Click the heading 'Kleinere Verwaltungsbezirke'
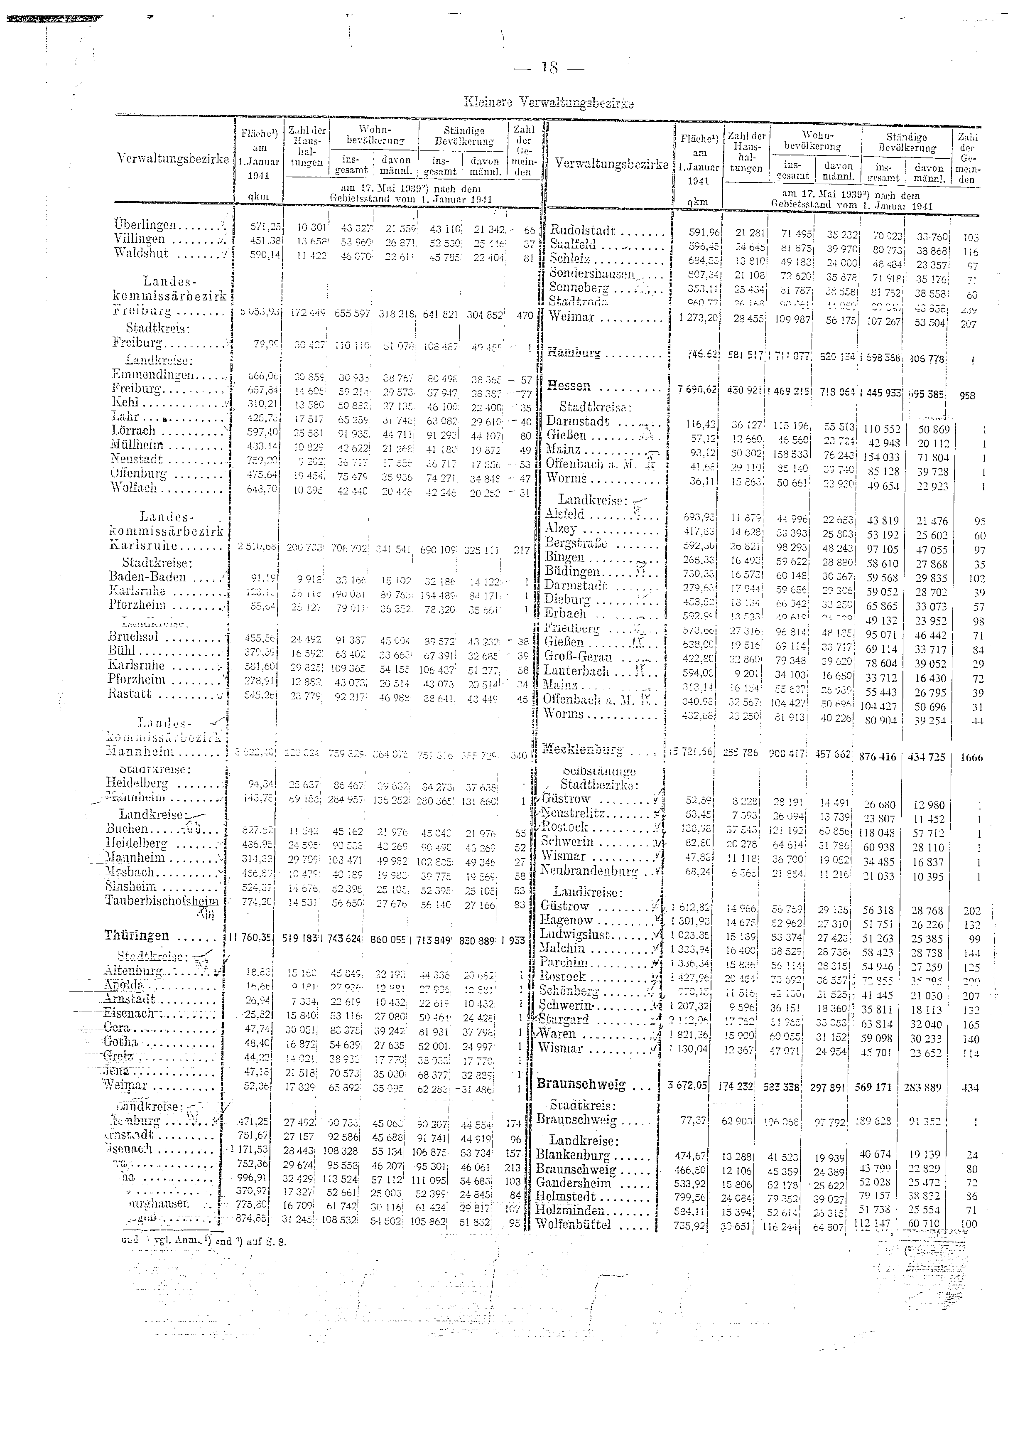(x=550, y=103)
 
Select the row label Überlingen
(x=145, y=225)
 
